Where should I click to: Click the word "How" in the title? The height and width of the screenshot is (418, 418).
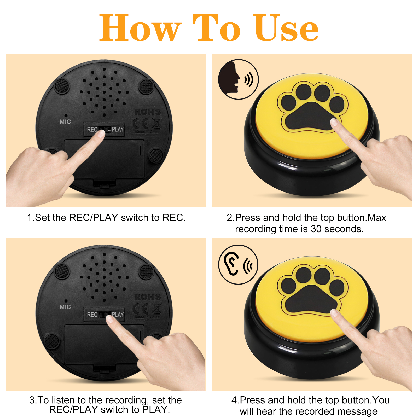click(140, 28)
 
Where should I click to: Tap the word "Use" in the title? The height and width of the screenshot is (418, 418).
click(286, 28)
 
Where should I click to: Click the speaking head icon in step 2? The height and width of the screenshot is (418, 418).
click(229, 77)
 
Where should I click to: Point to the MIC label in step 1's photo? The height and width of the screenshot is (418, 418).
click(65, 122)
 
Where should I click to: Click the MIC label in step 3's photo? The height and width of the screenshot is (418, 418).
click(65, 307)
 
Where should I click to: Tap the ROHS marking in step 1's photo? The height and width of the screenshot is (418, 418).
click(148, 112)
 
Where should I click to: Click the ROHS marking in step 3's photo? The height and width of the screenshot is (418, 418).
click(148, 297)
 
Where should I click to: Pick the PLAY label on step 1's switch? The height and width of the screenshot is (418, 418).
click(118, 129)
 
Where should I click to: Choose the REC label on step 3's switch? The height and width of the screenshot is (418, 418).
click(92, 315)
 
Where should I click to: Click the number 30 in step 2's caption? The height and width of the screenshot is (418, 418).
click(316, 229)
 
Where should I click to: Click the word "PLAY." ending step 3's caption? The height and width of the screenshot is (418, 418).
click(156, 409)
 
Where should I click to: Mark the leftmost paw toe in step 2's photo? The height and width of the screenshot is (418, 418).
click(289, 103)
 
